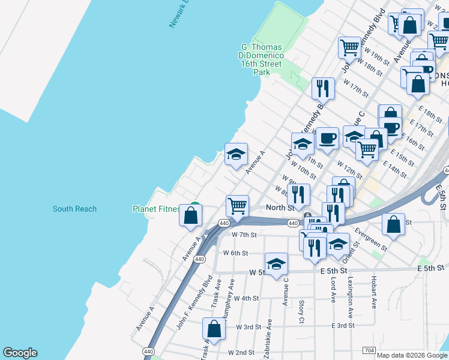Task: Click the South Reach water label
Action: tap(74, 209)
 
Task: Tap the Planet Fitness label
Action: tap(157, 209)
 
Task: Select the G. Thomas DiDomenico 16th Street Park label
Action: tap(262, 59)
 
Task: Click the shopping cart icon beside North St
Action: tap(238, 206)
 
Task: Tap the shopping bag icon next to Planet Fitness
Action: tap(191, 215)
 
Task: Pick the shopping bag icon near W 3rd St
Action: tap(214, 328)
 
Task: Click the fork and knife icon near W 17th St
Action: tap(324, 88)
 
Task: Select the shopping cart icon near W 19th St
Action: tap(349, 46)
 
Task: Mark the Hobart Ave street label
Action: tap(373, 296)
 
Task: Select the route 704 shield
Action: tap(370, 350)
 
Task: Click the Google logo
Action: tap(20, 353)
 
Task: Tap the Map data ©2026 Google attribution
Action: tap(412, 355)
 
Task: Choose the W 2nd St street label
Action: tap(241, 352)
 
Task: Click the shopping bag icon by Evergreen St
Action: tap(393, 224)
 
